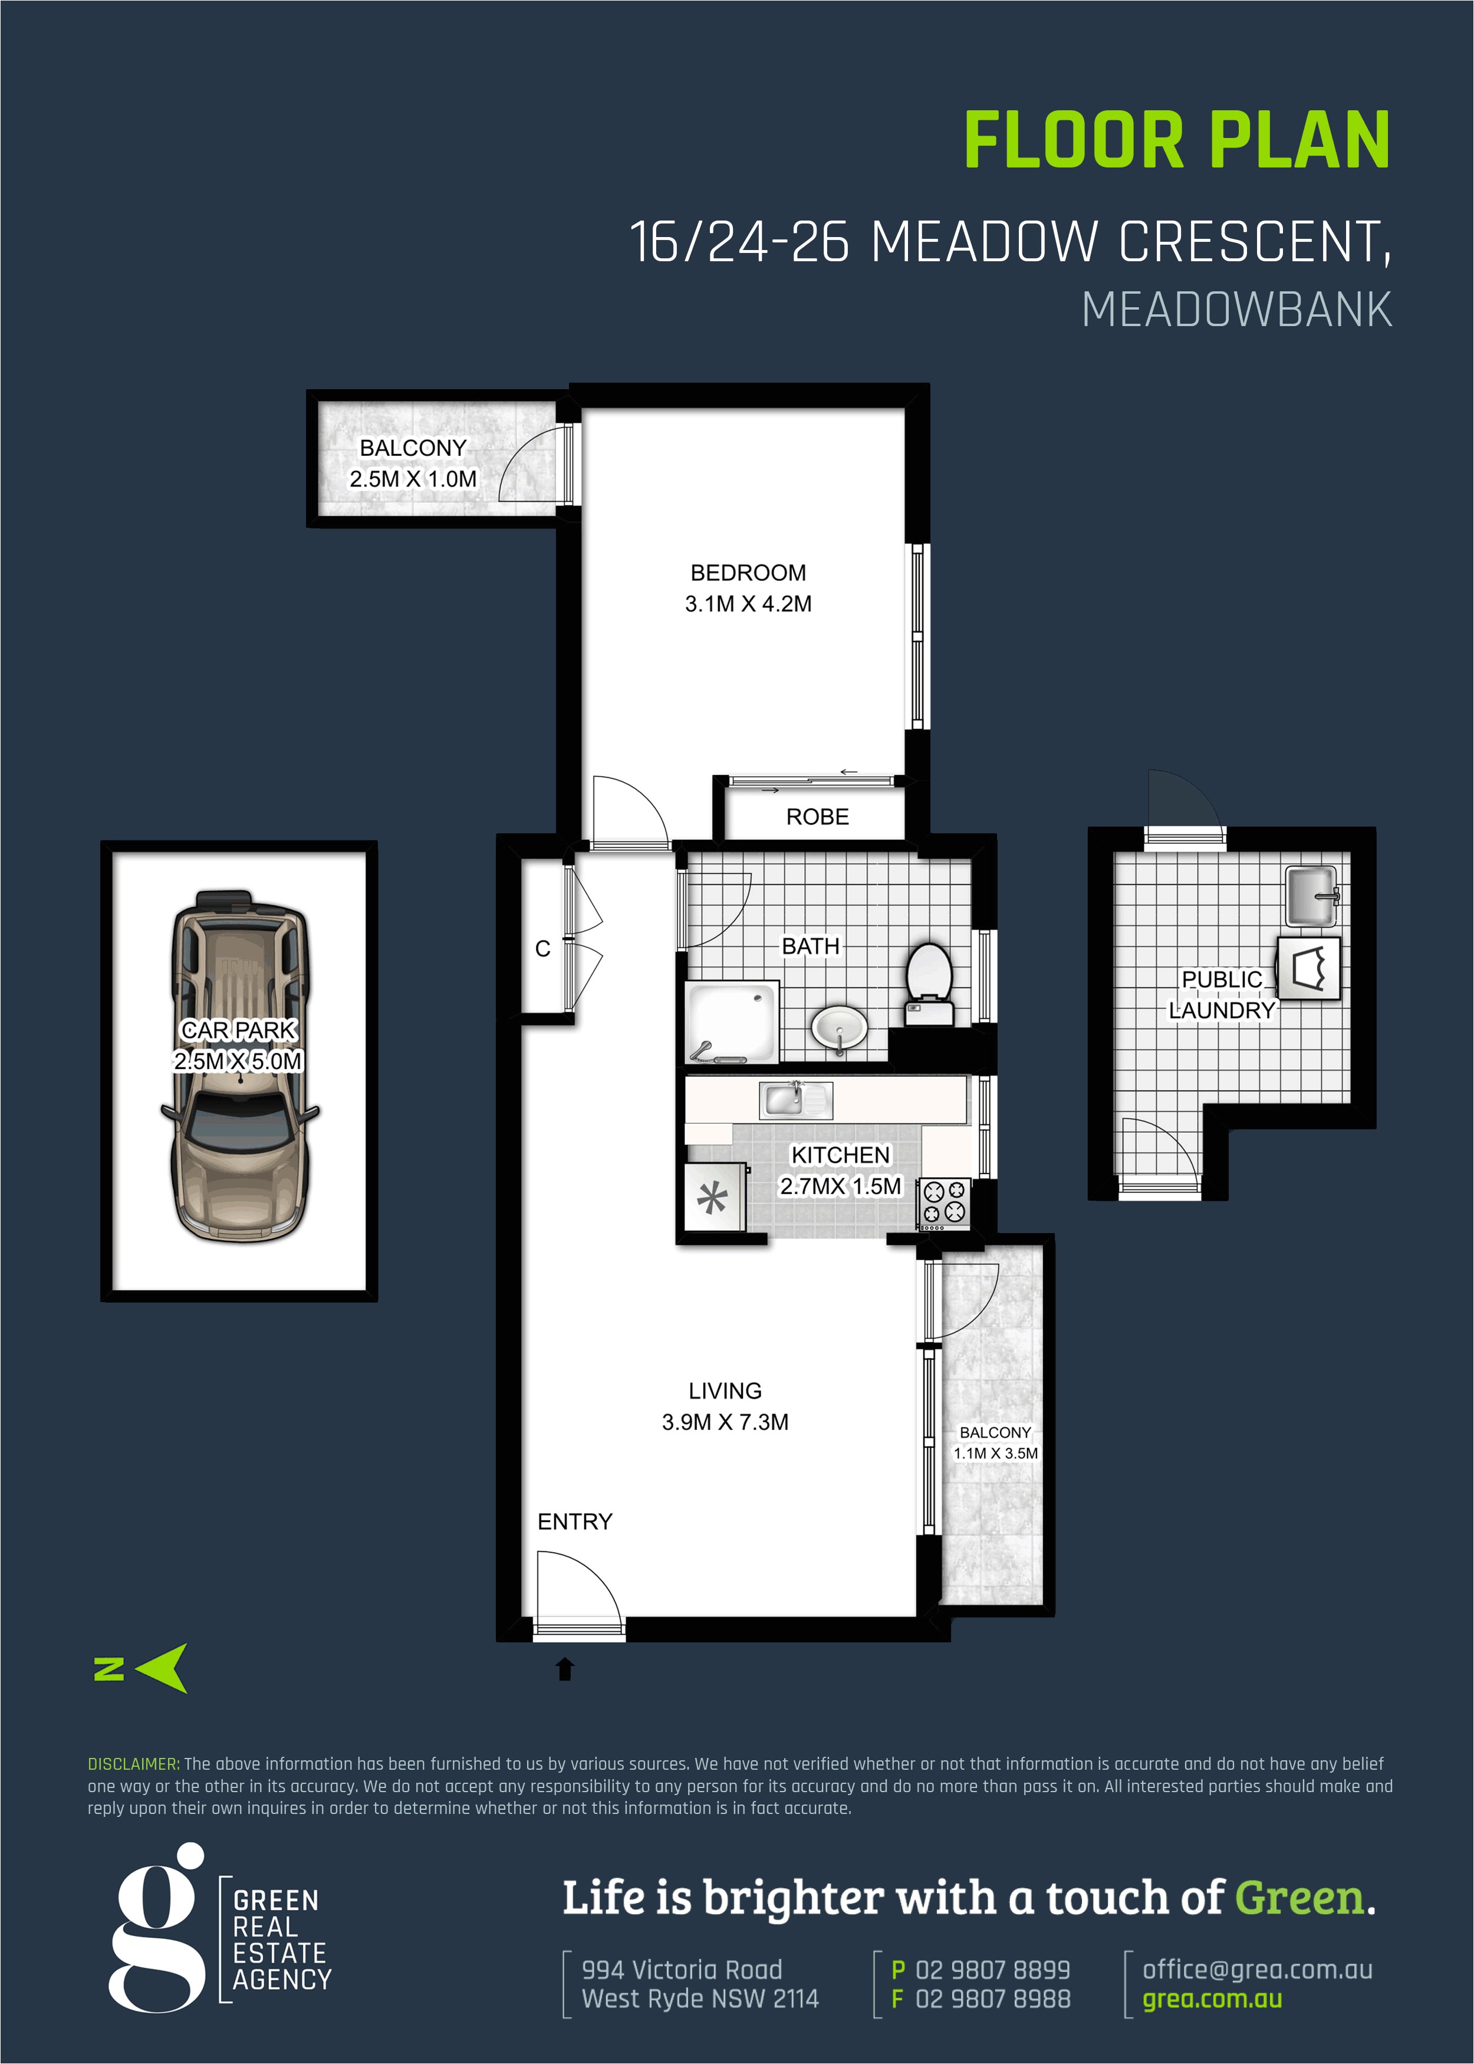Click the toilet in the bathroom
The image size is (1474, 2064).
click(929, 985)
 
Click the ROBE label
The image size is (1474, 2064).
click(817, 817)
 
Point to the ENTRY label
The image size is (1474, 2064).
click(574, 1521)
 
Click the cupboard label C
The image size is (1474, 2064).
click(543, 948)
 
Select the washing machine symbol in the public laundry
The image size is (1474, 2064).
click(1308, 968)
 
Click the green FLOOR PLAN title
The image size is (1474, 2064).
click(1176, 141)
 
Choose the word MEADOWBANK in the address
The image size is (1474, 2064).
click(1236, 310)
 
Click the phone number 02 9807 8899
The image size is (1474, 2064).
click(992, 1970)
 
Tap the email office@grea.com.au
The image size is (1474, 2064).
click(1257, 1970)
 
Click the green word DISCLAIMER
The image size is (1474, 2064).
click(133, 1764)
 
